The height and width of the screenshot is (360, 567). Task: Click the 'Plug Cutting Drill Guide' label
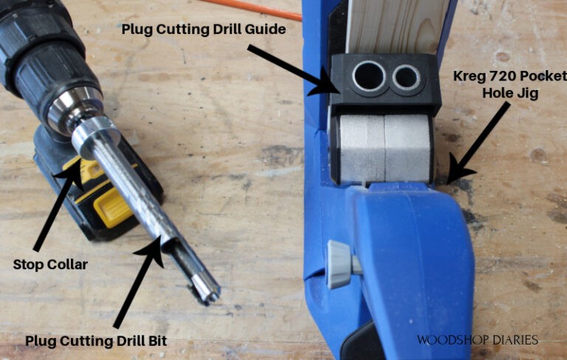pos(203,30)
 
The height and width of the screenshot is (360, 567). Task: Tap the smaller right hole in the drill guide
pos(405,77)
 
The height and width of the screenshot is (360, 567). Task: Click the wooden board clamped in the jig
pos(399,26)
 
